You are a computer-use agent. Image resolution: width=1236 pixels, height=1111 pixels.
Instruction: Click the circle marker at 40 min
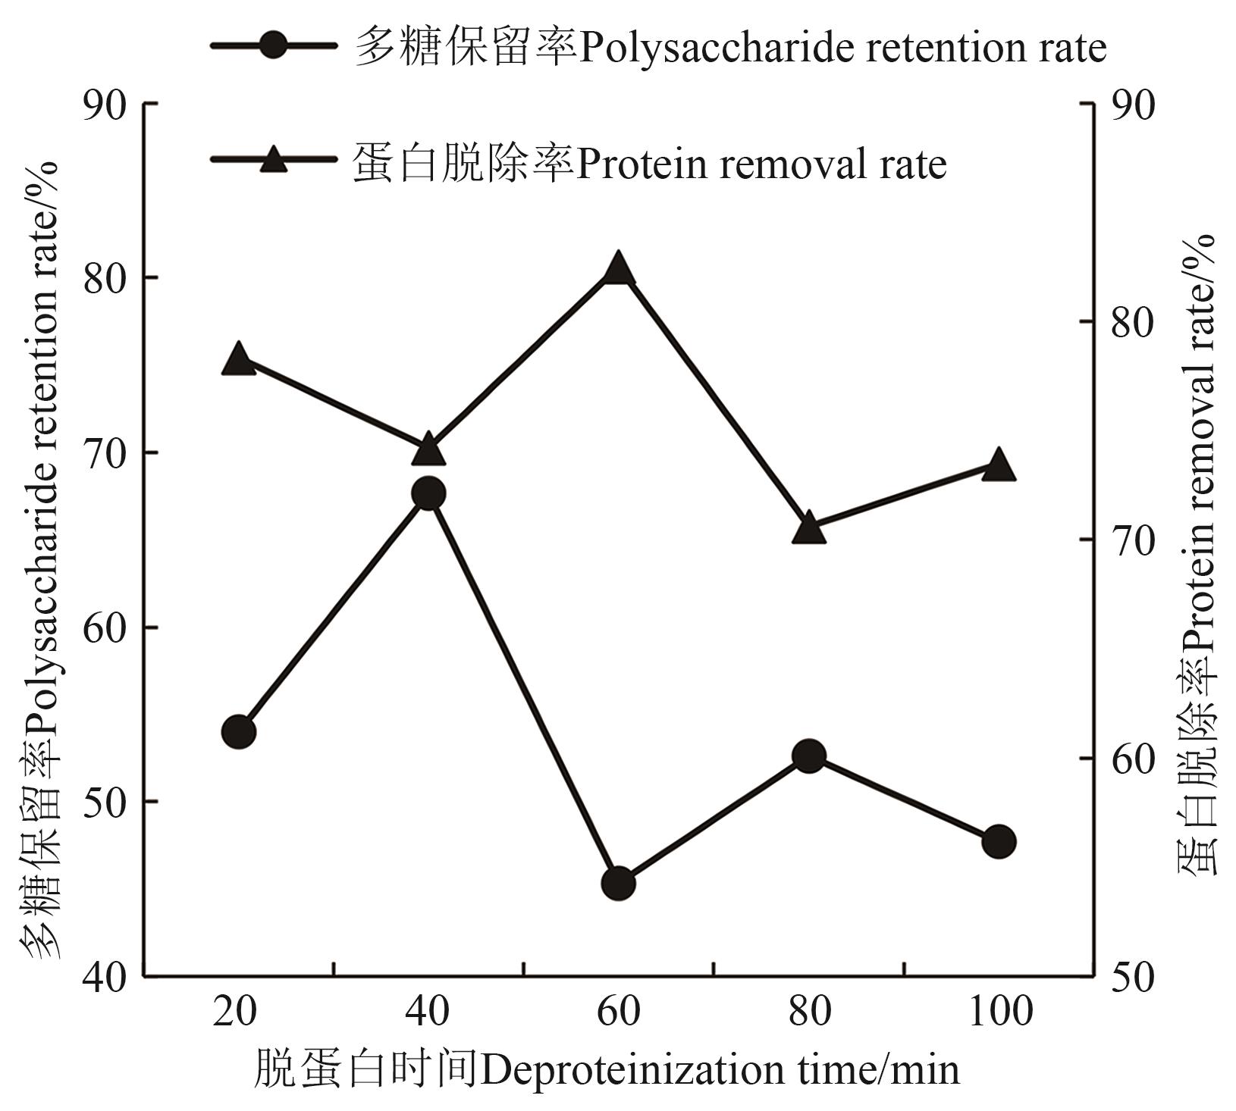(x=428, y=494)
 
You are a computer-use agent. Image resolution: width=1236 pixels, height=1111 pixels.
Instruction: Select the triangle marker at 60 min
(x=619, y=269)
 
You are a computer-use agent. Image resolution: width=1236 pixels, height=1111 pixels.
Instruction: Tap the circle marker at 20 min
(x=239, y=731)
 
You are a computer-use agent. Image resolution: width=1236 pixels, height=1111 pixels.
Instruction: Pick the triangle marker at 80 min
(x=809, y=529)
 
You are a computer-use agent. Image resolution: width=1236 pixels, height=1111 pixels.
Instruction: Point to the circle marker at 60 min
(x=619, y=883)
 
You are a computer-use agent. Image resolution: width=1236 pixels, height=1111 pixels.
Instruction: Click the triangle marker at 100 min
(x=999, y=465)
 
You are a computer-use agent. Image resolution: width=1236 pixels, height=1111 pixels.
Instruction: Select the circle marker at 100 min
(x=999, y=841)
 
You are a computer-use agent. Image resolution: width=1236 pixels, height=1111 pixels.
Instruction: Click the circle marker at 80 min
(x=809, y=756)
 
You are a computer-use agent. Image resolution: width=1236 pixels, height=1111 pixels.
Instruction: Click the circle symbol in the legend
(x=273, y=45)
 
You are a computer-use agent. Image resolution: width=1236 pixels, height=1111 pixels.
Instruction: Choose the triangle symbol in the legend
(x=273, y=159)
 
